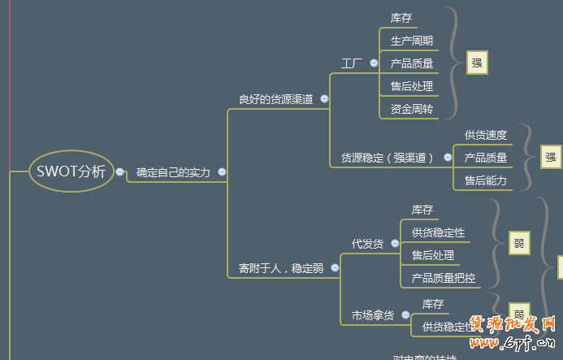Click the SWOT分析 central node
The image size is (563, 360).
click(x=71, y=171)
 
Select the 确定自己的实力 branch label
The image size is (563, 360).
click(x=173, y=172)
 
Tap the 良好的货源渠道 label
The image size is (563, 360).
click(x=275, y=99)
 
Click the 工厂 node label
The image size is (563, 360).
click(x=352, y=63)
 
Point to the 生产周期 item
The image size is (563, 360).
click(x=411, y=41)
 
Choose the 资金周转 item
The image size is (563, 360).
click(x=411, y=109)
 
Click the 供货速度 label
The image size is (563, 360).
click(x=485, y=135)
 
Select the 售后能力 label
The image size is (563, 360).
click(x=485, y=180)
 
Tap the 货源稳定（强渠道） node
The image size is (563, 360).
click(x=387, y=158)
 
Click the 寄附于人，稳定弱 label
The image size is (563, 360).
click(x=280, y=267)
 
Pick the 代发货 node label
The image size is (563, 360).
click(x=367, y=244)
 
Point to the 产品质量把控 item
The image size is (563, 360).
click(x=444, y=278)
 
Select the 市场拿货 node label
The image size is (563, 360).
click(x=373, y=315)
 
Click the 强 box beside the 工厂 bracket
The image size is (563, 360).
click(x=477, y=63)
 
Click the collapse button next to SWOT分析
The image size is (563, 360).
click(x=120, y=171)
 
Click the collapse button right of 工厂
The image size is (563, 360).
click(x=374, y=63)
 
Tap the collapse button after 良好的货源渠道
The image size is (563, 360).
click(x=324, y=99)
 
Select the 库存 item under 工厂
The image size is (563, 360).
click(x=401, y=18)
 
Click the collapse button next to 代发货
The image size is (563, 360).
click(x=395, y=244)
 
